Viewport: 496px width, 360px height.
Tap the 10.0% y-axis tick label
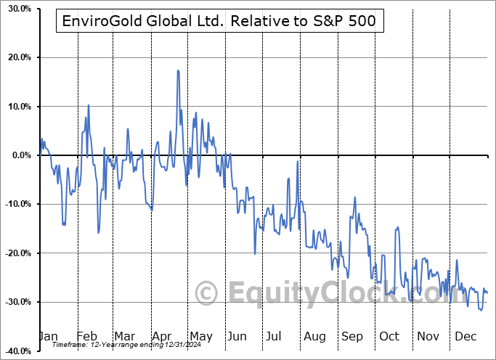pyautogui.click(x=17, y=107)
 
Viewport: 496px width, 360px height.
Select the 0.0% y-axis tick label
pyautogui.click(x=20, y=155)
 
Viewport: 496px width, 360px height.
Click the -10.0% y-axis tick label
pyautogui.click(x=16, y=204)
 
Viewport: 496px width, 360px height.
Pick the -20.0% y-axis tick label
pyautogui.click(x=16, y=253)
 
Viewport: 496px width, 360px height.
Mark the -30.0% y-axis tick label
pyautogui.click(x=16, y=302)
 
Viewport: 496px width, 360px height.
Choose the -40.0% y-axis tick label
pyautogui.click(x=16, y=351)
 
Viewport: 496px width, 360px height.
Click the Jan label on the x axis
pyautogui.click(x=48, y=336)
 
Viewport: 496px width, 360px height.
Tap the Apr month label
pyautogui.click(x=161, y=336)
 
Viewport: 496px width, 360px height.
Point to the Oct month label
pyautogui.click(x=389, y=336)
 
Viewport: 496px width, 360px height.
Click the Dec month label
pyautogui.click(x=465, y=336)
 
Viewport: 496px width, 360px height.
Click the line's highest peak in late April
pyautogui.click(x=177, y=70)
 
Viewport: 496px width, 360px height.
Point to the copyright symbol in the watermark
pyautogui.click(x=208, y=294)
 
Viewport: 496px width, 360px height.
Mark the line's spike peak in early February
pyautogui.click(x=89, y=105)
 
